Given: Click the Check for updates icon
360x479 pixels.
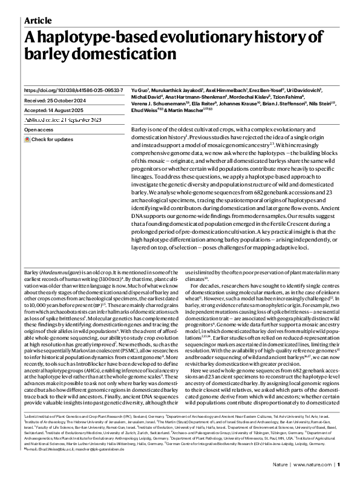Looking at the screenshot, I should tap(27, 139).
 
